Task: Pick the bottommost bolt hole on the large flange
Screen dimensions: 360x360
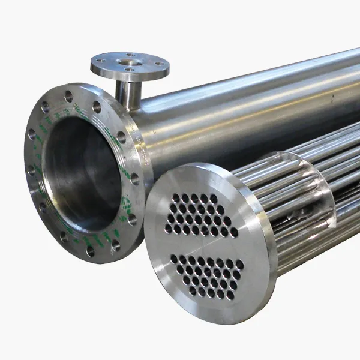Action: click(90, 252)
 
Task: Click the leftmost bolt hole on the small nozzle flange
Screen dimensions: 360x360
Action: click(101, 60)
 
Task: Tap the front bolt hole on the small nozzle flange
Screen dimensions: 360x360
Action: click(128, 70)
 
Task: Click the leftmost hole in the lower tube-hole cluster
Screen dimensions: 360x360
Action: click(174, 259)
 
